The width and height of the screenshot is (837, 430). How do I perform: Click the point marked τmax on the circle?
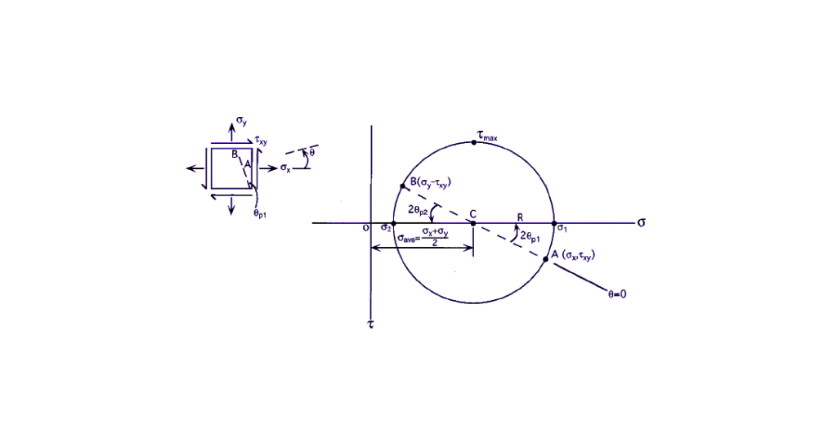[473, 142]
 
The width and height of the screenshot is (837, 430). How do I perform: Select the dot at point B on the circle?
[402, 186]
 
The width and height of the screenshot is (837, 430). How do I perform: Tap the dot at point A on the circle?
[545, 260]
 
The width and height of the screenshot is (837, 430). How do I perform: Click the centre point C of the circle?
[473, 222]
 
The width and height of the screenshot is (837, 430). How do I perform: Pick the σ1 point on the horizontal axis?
[554, 222]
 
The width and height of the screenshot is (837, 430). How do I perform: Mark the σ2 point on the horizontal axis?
[393, 222]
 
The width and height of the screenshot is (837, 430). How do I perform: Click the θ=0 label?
[617, 294]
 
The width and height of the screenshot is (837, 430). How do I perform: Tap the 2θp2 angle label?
[418, 210]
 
